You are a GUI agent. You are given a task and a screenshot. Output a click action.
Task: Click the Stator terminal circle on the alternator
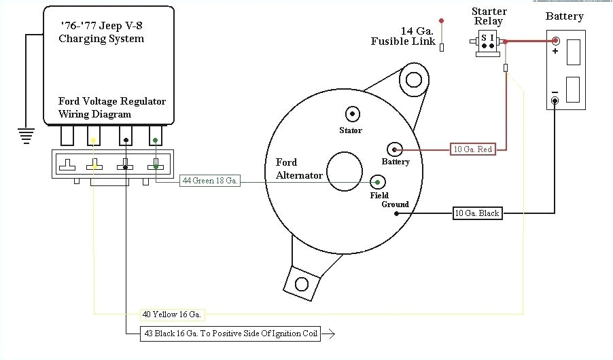click(x=352, y=113)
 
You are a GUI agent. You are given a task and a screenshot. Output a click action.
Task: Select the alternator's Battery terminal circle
click(x=395, y=149)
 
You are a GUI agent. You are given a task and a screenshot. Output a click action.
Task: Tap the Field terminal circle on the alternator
click(x=378, y=181)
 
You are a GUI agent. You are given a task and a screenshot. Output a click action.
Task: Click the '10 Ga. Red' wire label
click(x=473, y=149)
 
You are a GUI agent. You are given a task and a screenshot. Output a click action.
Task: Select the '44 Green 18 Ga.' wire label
click(x=210, y=181)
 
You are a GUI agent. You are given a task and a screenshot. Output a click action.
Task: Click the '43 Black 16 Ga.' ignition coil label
click(x=230, y=334)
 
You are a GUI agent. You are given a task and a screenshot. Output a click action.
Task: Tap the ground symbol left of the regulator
click(x=26, y=136)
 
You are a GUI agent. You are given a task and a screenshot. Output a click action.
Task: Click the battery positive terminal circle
click(x=555, y=41)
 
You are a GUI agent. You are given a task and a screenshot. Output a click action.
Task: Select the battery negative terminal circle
click(x=555, y=101)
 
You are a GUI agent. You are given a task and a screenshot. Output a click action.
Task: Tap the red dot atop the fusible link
click(x=442, y=20)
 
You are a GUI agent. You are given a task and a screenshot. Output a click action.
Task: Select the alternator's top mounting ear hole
click(x=413, y=80)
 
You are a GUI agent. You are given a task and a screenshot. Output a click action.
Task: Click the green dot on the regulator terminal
click(x=156, y=141)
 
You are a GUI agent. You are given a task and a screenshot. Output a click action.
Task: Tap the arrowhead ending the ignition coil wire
click(x=331, y=334)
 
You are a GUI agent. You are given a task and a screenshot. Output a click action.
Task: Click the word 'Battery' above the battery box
click(x=564, y=16)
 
